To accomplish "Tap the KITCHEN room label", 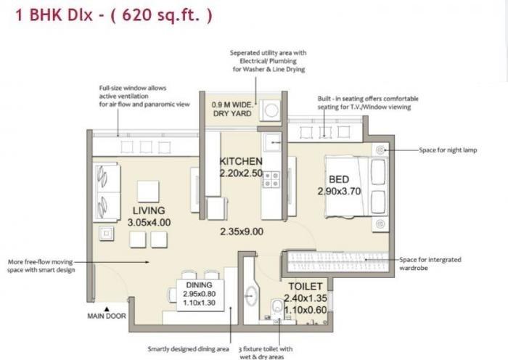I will (x=241, y=160).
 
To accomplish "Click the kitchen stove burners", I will (x=271, y=179).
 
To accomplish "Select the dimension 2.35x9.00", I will (x=242, y=232).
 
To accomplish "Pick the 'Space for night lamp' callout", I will (x=448, y=150).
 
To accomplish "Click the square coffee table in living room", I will (x=148, y=191).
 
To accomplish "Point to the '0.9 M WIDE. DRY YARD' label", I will (x=231, y=109).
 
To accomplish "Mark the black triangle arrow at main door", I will (x=105, y=306).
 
